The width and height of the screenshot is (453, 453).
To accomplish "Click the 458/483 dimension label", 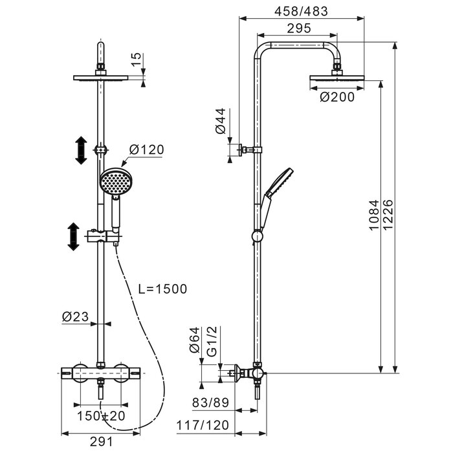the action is click(301, 11).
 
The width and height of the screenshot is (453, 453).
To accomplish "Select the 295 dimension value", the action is click(299, 28).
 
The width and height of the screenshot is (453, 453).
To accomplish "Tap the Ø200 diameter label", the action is click(337, 97).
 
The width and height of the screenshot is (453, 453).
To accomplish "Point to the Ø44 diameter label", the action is click(221, 121).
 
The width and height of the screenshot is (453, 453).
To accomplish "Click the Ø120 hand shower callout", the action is click(146, 149).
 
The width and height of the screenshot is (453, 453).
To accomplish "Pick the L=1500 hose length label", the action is click(162, 289).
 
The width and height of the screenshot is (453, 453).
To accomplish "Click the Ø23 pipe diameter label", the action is click(75, 316).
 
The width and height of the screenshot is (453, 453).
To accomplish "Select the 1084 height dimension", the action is click(374, 215).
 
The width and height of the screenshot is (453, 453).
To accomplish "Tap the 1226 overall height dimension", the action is click(388, 215).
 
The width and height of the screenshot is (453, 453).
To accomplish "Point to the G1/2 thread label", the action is click(212, 342).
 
